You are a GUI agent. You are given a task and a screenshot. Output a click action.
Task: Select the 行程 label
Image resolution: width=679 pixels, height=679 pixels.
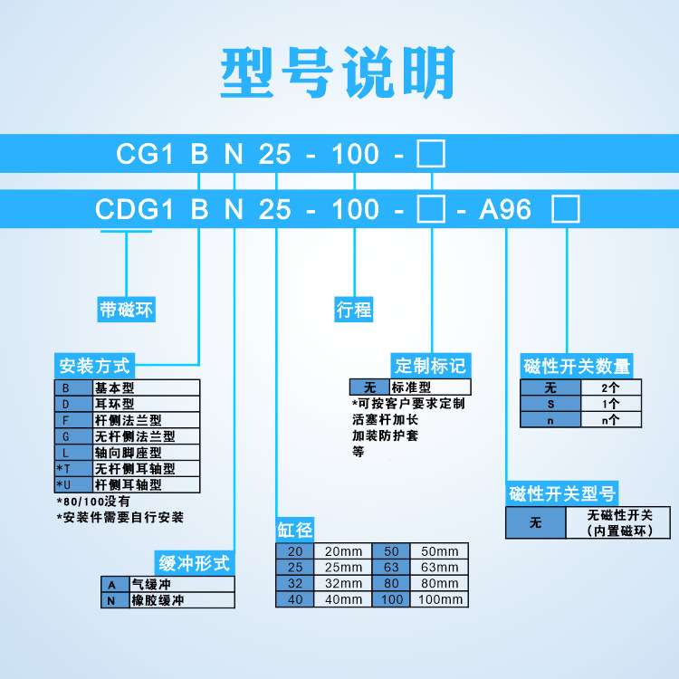(354, 310)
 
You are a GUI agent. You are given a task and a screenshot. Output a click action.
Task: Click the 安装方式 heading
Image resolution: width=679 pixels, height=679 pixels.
(95, 367)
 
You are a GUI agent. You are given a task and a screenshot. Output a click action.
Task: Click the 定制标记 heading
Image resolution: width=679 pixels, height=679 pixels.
(430, 366)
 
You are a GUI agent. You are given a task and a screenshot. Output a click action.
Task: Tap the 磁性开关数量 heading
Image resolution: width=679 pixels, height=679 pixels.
(577, 367)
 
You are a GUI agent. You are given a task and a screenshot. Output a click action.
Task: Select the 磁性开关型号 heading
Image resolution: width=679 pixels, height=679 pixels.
(562, 494)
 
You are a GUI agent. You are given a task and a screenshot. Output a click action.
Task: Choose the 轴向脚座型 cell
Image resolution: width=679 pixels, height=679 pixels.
(145, 452)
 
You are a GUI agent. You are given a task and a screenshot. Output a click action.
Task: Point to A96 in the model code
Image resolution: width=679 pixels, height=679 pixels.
(505, 210)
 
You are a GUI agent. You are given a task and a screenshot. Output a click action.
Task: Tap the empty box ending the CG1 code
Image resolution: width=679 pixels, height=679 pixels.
(429, 154)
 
